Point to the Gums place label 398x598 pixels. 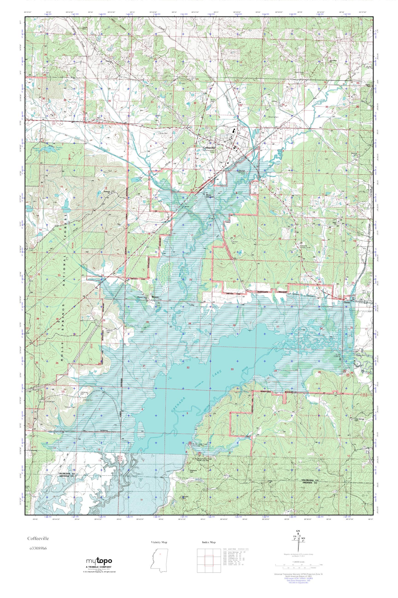point(347,302)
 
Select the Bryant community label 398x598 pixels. point(155,297)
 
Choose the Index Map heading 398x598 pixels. point(209,542)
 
